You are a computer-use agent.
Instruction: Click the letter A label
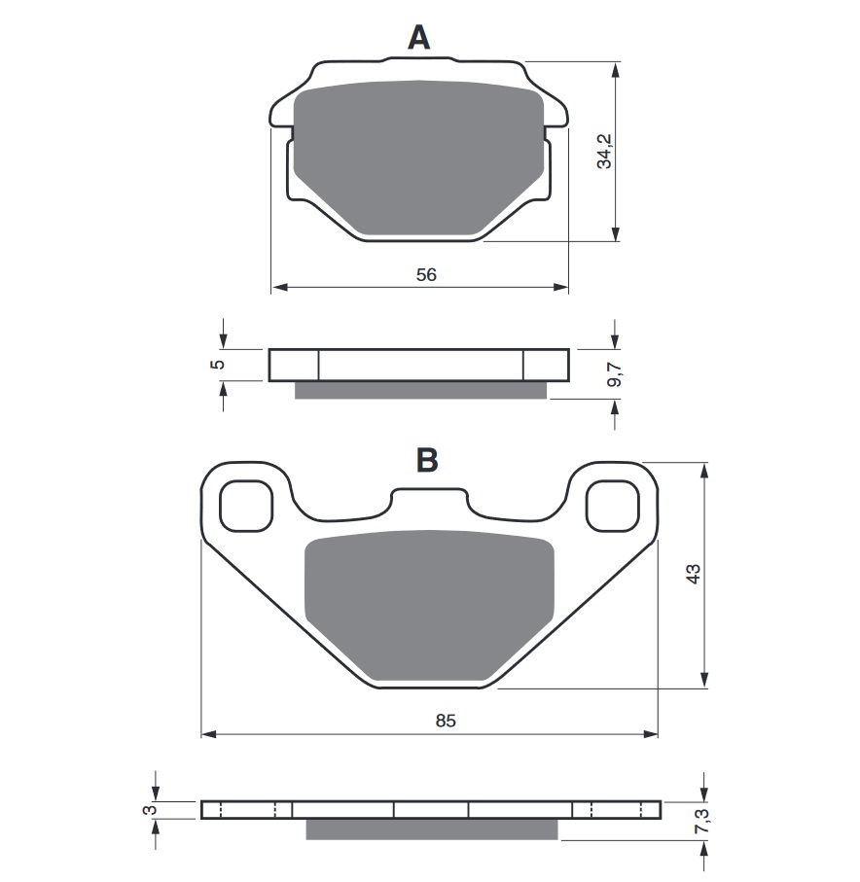(x=418, y=38)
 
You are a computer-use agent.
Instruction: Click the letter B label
(x=426, y=459)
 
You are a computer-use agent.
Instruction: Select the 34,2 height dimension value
(x=604, y=151)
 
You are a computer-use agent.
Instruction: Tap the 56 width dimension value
(x=426, y=275)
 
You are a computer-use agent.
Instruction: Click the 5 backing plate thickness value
(x=218, y=364)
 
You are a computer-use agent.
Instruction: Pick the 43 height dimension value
(x=693, y=574)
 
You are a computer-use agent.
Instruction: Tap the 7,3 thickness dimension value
(x=702, y=826)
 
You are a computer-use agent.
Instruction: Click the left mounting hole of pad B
(x=243, y=506)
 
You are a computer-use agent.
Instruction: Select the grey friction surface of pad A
(x=418, y=156)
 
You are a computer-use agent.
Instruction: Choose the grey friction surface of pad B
(x=429, y=603)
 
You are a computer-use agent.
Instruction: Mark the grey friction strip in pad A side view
(x=420, y=390)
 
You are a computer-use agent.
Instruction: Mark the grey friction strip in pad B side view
(x=432, y=829)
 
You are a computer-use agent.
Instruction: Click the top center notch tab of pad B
(x=428, y=498)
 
